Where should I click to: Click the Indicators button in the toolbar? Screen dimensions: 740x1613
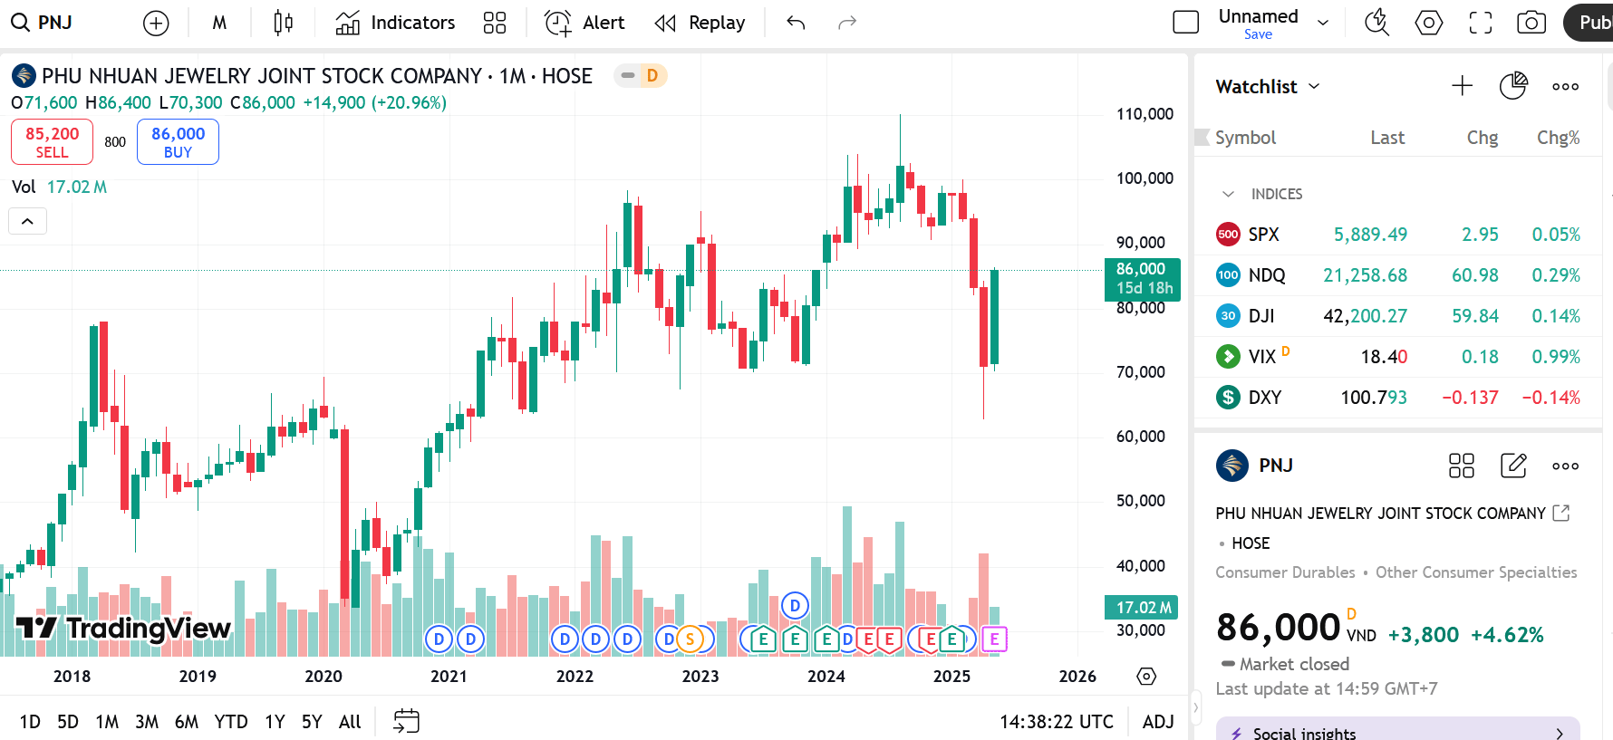click(x=395, y=23)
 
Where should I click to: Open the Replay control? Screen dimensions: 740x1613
click(x=700, y=23)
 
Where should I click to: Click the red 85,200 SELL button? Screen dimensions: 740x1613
click(x=52, y=142)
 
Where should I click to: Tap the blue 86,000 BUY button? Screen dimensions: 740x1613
click(x=178, y=142)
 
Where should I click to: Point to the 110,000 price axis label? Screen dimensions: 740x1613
click(x=1145, y=114)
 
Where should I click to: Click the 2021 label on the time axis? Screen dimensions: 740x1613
click(x=449, y=677)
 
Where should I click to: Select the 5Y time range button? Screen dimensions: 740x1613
click(x=312, y=722)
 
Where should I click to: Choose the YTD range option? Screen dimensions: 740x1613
click(x=231, y=722)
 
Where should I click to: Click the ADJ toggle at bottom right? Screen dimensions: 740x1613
click(x=1158, y=722)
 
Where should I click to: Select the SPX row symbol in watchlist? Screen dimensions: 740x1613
click(x=1263, y=235)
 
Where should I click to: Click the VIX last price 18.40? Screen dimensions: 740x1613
click(x=1383, y=357)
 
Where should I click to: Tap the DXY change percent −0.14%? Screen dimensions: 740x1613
click(x=1550, y=398)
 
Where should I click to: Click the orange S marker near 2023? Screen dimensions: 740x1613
click(x=690, y=639)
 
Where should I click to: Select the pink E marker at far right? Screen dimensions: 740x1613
click(x=994, y=639)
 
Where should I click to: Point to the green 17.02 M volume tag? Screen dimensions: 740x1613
click(x=1141, y=608)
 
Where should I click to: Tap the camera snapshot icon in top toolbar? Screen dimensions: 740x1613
click(x=1531, y=23)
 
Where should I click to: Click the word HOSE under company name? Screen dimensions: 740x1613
click(x=1251, y=543)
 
